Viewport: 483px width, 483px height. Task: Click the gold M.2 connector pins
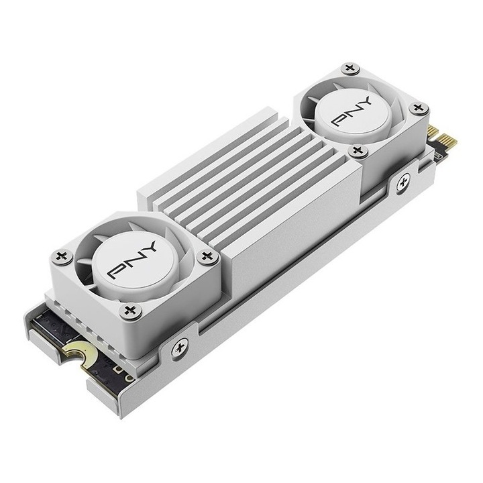pos(443,139)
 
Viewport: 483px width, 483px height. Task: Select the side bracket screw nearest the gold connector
pos(403,180)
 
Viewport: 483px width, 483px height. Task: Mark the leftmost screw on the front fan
pos(62,256)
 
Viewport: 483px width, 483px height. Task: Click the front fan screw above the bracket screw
pos(129,310)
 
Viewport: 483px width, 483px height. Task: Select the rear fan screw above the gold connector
pos(419,109)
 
